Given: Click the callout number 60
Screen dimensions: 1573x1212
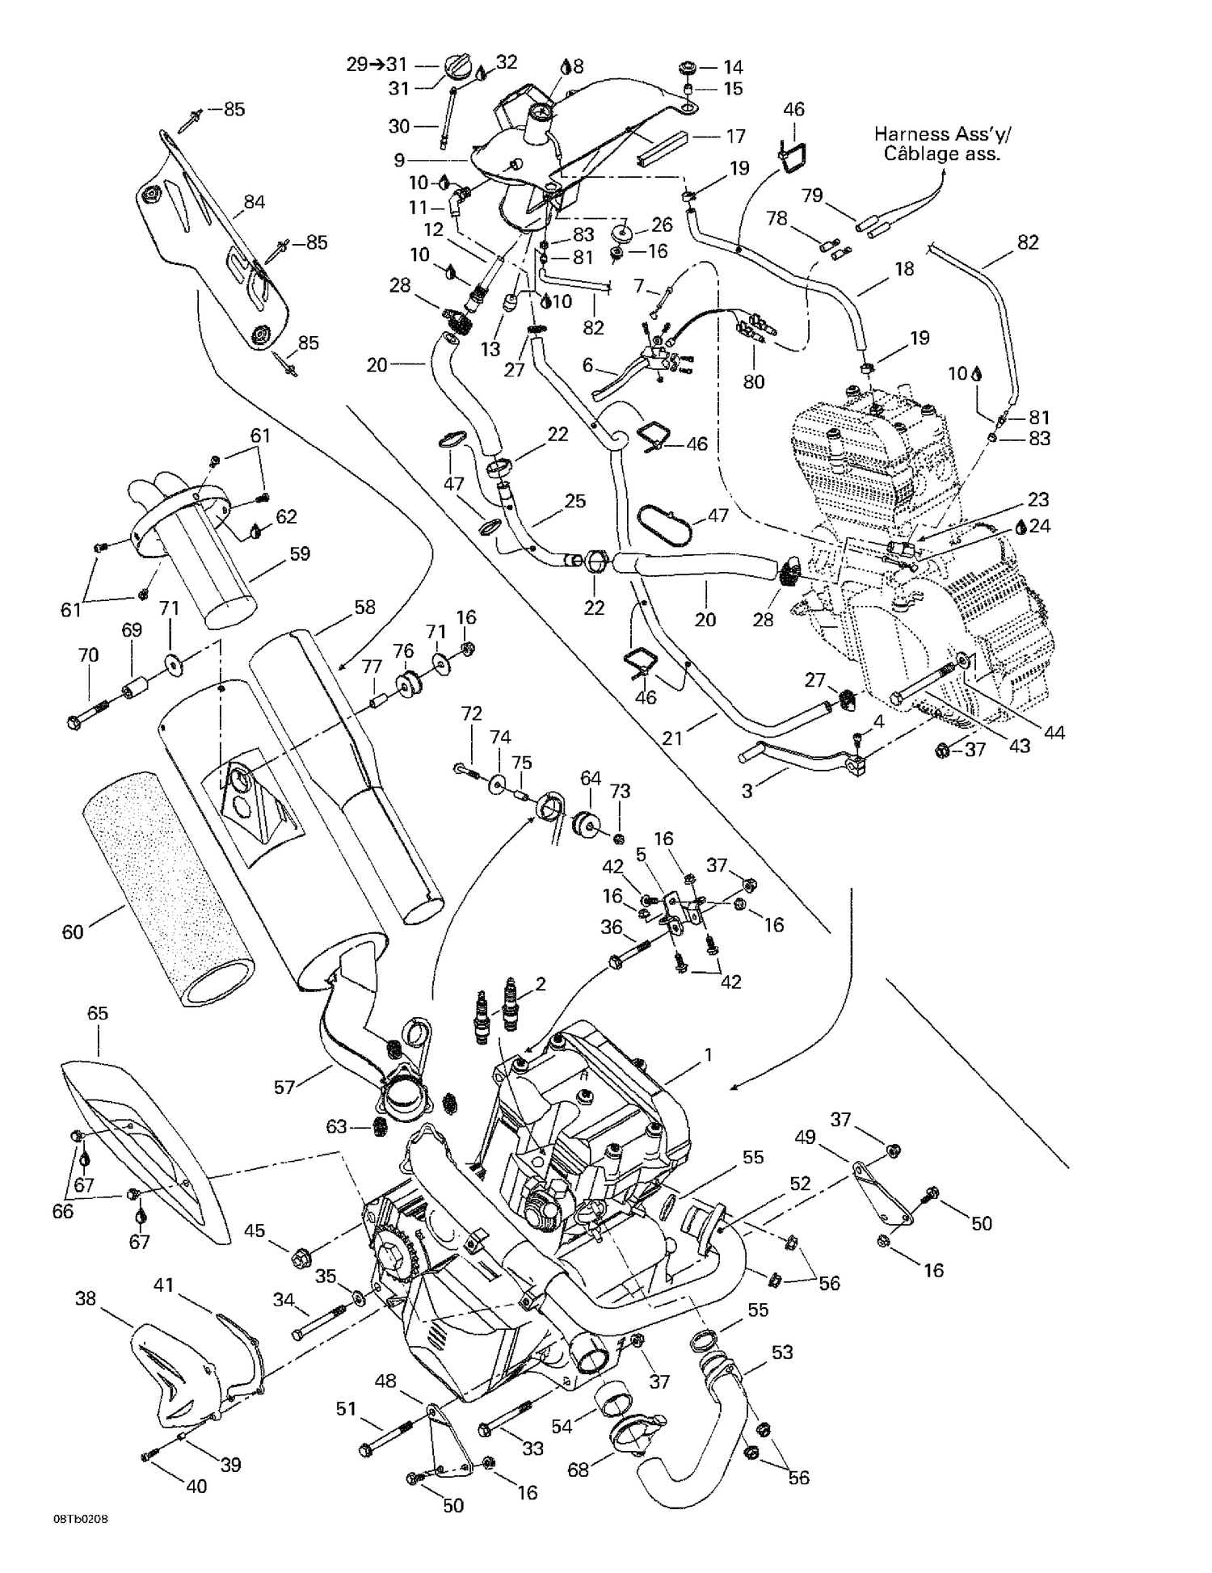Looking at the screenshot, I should [x=73, y=932].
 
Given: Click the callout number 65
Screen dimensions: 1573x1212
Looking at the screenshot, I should [x=97, y=1013].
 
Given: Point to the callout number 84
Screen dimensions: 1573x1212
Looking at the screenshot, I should [x=254, y=202].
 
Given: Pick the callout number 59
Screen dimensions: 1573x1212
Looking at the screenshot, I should [x=300, y=554].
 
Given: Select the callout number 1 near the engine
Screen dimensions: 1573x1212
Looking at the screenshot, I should [x=708, y=1055].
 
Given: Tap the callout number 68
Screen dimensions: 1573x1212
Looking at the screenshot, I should [x=579, y=1470].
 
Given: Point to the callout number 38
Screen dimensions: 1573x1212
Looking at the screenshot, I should [x=86, y=1298].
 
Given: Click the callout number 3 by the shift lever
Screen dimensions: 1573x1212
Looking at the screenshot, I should [x=747, y=791].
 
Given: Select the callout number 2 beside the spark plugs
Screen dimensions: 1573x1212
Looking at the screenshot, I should [x=541, y=983].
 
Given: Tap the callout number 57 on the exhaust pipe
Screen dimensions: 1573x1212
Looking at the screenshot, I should [x=284, y=1087].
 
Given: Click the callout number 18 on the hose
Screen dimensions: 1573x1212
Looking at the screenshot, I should [x=903, y=268].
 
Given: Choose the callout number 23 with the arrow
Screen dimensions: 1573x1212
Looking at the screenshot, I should [x=1038, y=498].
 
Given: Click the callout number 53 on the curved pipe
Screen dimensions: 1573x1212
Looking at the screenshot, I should [x=782, y=1352].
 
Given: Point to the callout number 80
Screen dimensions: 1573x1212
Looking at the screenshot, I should [x=753, y=381].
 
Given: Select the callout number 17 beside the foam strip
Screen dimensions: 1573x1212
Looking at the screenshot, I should [x=734, y=136].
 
